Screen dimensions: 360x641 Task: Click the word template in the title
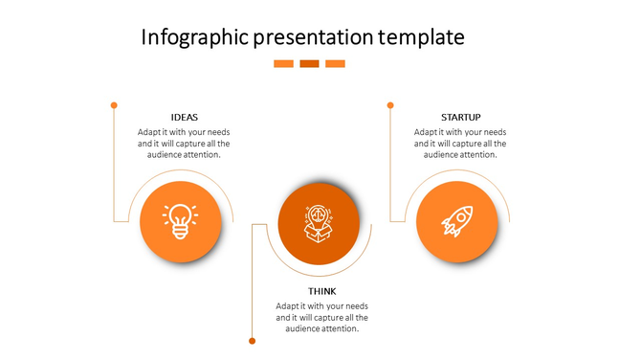click(421, 37)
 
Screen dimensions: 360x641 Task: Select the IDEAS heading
click(185, 118)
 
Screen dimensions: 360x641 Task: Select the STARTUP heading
click(460, 118)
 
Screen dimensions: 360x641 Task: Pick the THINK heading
click(322, 291)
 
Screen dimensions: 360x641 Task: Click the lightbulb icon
click(180, 221)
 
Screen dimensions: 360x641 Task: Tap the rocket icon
click(456, 221)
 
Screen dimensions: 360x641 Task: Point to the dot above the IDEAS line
click(114, 104)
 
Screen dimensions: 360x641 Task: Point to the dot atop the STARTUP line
click(390, 104)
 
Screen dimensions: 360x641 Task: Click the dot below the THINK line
click(252, 340)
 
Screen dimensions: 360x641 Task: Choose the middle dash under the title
click(309, 64)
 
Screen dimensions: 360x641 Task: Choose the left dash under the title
click(283, 64)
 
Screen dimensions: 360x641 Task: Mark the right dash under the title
click(335, 64)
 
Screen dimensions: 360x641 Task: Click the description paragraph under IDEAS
click(184, 143)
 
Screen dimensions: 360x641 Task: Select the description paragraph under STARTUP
click(460, 143)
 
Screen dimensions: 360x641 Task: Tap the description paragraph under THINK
click(322, 317)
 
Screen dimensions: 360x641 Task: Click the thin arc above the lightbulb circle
click(181, 173)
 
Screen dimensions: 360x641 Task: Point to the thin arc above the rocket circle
click(456, 173)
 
